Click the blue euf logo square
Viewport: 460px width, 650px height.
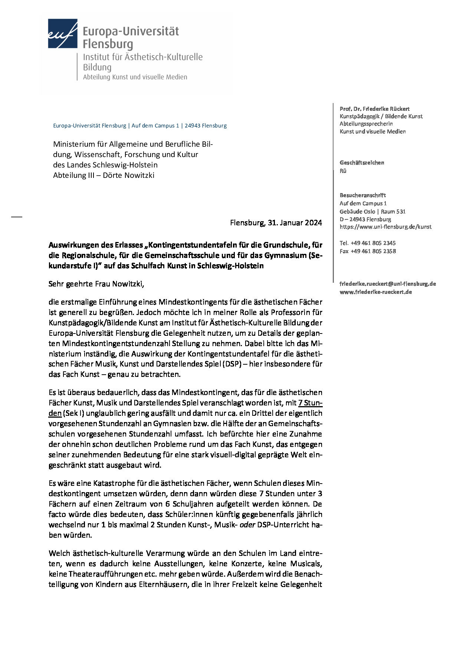pos(62,33)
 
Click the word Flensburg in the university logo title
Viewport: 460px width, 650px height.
pos(108,44)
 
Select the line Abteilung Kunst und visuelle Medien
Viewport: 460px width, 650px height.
pos(135,77)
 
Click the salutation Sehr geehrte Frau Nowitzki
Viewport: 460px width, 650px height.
pos(96,284)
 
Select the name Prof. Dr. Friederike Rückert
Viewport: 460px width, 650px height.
pos(375,109)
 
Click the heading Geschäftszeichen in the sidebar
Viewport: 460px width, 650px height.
pos(362,163)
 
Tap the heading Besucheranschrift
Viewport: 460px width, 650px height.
pos(363,195)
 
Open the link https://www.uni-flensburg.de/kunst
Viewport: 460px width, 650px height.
pos(385,227)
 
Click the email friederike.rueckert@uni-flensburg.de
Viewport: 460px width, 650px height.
pos(388,284)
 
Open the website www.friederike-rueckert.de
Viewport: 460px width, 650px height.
pos(376,292)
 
